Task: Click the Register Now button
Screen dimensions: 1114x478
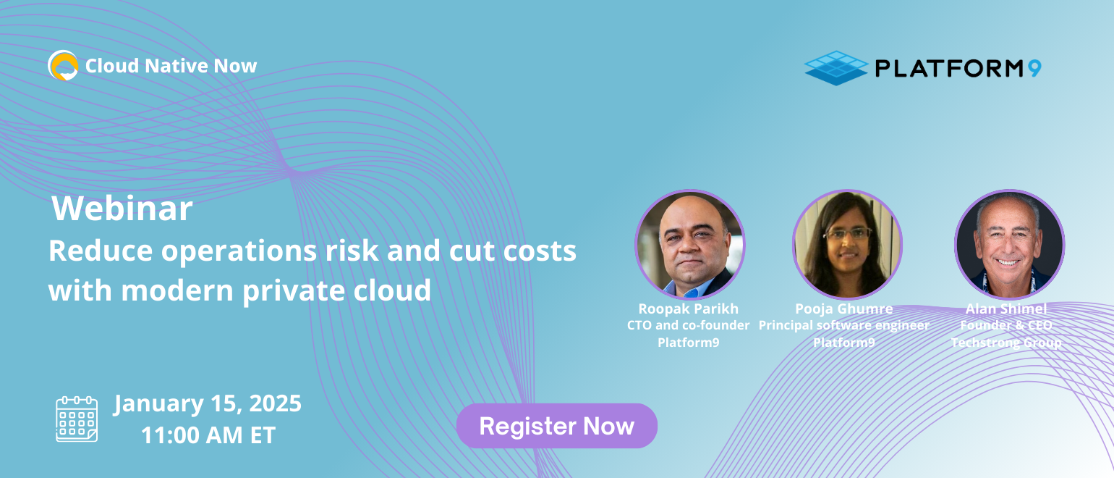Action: pyautogui.click(x=556, y=426)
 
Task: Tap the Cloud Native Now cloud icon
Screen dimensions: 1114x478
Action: pyautogui.click(x=63, y=65)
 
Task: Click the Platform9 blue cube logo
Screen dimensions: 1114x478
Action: pyautogui.click(x=836, y=68)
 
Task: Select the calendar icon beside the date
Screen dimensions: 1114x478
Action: pyautogui.click(x=77, y=419)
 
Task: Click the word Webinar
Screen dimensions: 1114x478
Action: pyautogui.click(x=122, y=208)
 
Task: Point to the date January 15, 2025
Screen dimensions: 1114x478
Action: pyautogui.click(x=208, y=403)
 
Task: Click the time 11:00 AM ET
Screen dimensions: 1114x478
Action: pyautogui.click(x=208, y=435)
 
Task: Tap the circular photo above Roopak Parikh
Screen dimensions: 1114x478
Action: pyautogui.click(x=690, y=245)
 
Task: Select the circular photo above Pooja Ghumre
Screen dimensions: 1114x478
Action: pyautogui.click(x=847, y=245)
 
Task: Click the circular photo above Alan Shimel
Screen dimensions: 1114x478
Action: pyautogui.click(x=1009, y=245)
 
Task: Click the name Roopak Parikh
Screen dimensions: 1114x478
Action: pyautogui.click(x=689, y=309)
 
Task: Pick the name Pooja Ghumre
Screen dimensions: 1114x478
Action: pyautogui.click(x=844, y=309)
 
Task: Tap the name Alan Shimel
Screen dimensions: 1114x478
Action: pyautogui.click(x=1006, y=309)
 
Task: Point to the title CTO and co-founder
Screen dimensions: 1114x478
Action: pyautogui.click(x=689, y=325)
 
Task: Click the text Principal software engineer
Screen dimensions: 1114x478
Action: pyautogui.click(x=844, y=326)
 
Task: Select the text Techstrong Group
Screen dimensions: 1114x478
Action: pyautogui.click(x=1006, y=343)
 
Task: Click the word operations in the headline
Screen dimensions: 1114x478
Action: pyautogui.click(x=239, y=251)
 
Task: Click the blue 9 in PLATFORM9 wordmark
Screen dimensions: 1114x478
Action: pyautogui.click(x=1034, y=68)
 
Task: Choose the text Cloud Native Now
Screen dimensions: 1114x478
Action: pyautogui.click(x=171, y=66)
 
